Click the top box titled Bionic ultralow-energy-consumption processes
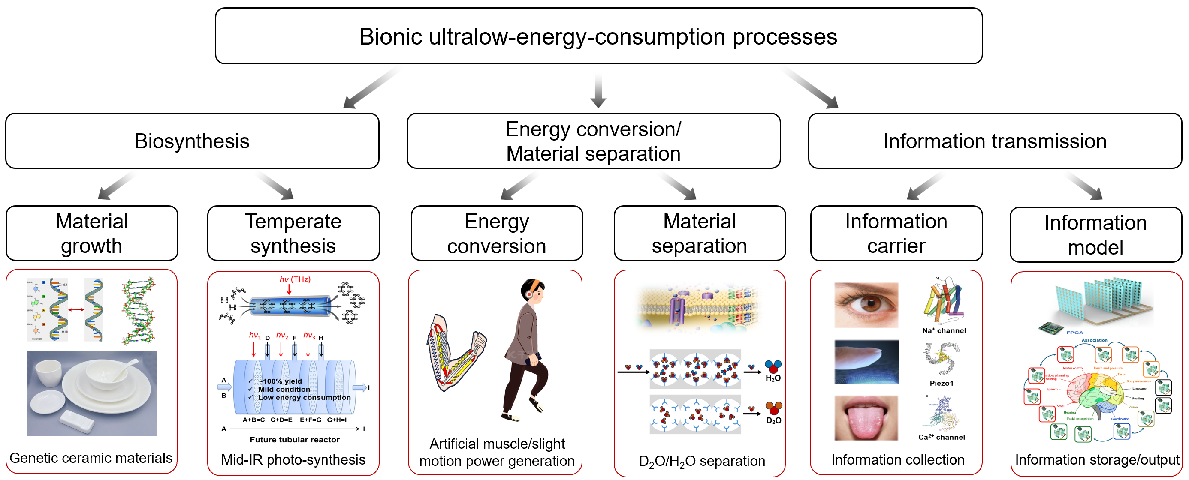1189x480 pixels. tap(598, 36)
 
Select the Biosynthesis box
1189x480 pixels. tap(192, 141)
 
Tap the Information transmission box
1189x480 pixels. tap(995, 141)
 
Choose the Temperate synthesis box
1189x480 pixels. tap(293, 233)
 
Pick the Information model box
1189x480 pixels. tap(1095, 235)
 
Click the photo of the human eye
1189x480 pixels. tap(866, 305)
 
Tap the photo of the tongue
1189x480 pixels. tap(866, 418)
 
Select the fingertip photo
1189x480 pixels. tap(866, 362)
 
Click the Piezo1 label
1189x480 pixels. tap(941, 383)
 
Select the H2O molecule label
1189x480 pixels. tap(773, 378)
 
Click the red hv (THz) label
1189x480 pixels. tap(295, 279)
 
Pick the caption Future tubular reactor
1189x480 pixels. tap(295, 439)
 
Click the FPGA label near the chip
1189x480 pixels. tap(1074, 333)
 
